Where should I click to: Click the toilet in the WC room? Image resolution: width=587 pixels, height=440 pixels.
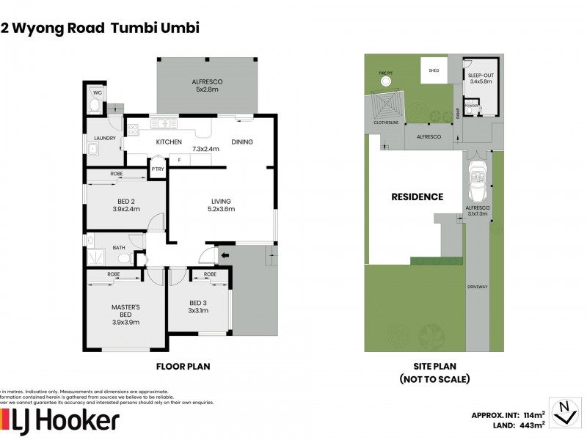(x=93, y=106)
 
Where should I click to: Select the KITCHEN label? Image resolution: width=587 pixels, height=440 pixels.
(x=169, y=142)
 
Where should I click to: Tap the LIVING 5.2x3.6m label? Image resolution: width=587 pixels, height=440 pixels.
(x=222, y=205)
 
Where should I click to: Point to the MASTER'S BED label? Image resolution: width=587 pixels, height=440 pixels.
(x=125, y=314)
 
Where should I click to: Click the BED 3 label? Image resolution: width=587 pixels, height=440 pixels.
(x=199, y=305)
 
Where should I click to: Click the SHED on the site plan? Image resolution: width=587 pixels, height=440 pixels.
(x=434, y=70)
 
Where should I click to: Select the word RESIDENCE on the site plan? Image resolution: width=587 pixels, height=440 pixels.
(x=417, y=197)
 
